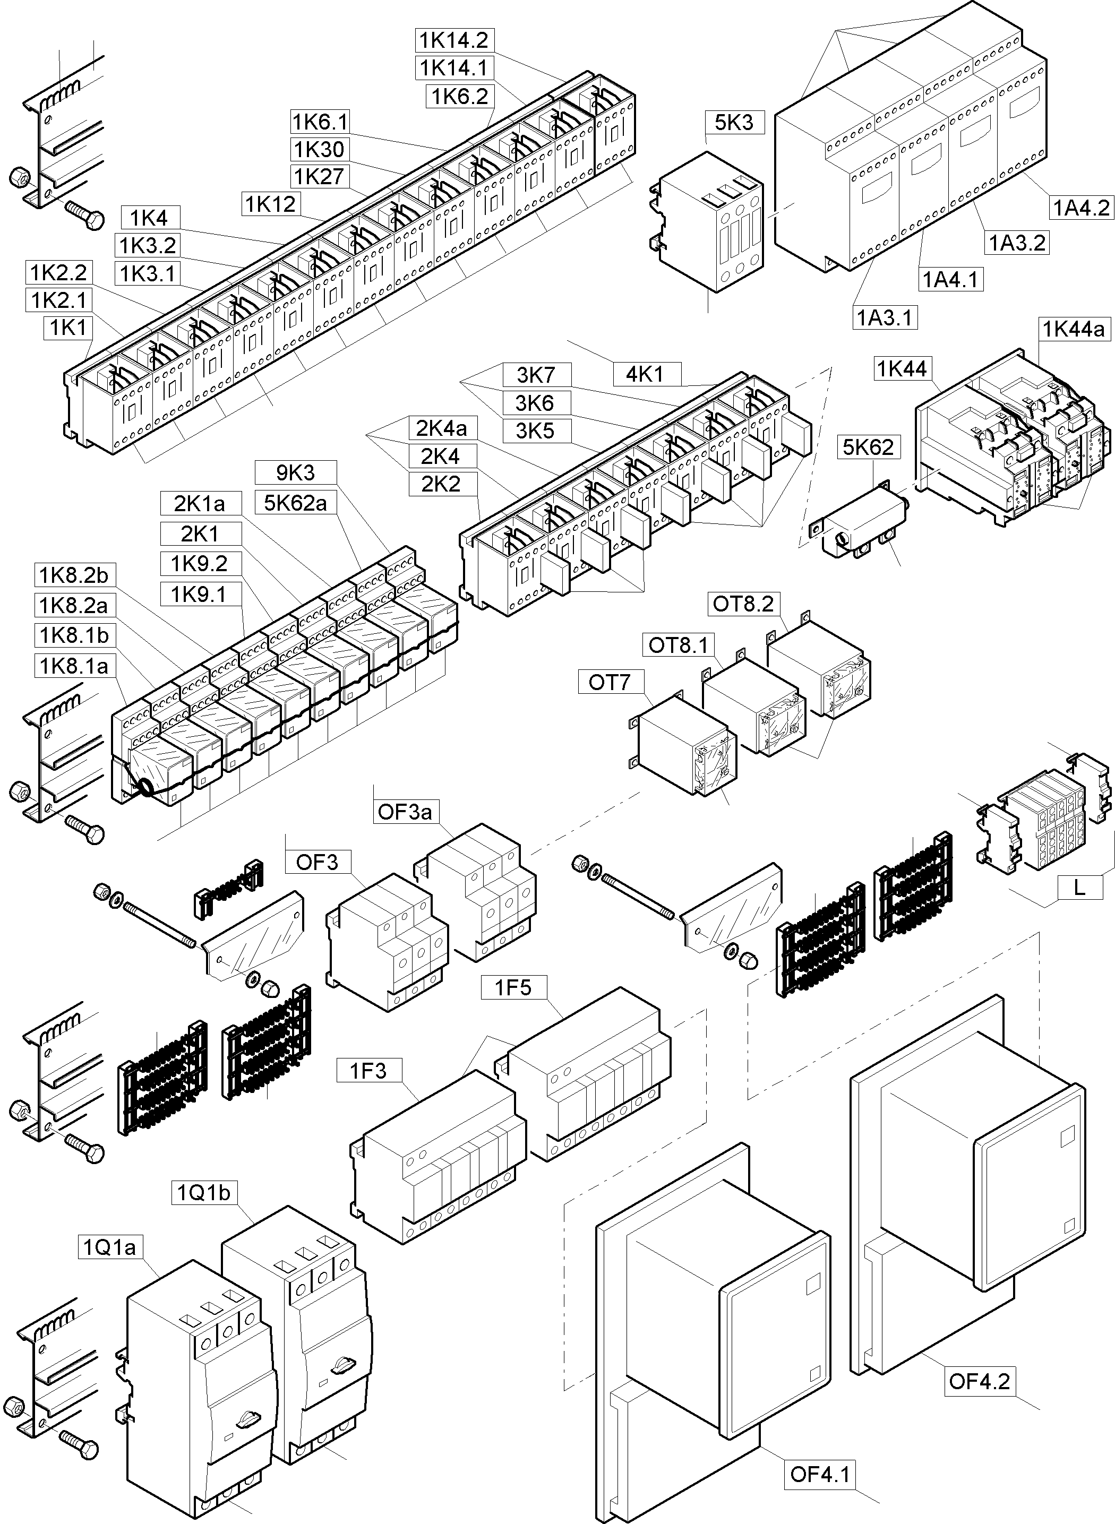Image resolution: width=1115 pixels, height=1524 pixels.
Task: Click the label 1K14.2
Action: tap(453, 40)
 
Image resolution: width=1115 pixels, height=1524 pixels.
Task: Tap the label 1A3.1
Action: tap(884, 317)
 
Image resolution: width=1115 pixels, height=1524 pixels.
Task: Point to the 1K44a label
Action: tap(1074, 329)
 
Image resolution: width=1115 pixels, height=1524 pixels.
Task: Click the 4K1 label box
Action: tap(645, 374)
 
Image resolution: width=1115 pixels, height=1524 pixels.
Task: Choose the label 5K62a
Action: tap(295, 503)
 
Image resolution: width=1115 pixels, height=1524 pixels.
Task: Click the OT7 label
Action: tap(609, 683)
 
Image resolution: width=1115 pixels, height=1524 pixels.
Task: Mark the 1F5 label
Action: tap(513, 988)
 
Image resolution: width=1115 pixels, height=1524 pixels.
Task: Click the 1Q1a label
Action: tap(109, 1247)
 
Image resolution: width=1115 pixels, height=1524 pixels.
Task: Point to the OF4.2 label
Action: tap(979, 1381)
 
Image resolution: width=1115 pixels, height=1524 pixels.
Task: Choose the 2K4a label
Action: tap(441, 428)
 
